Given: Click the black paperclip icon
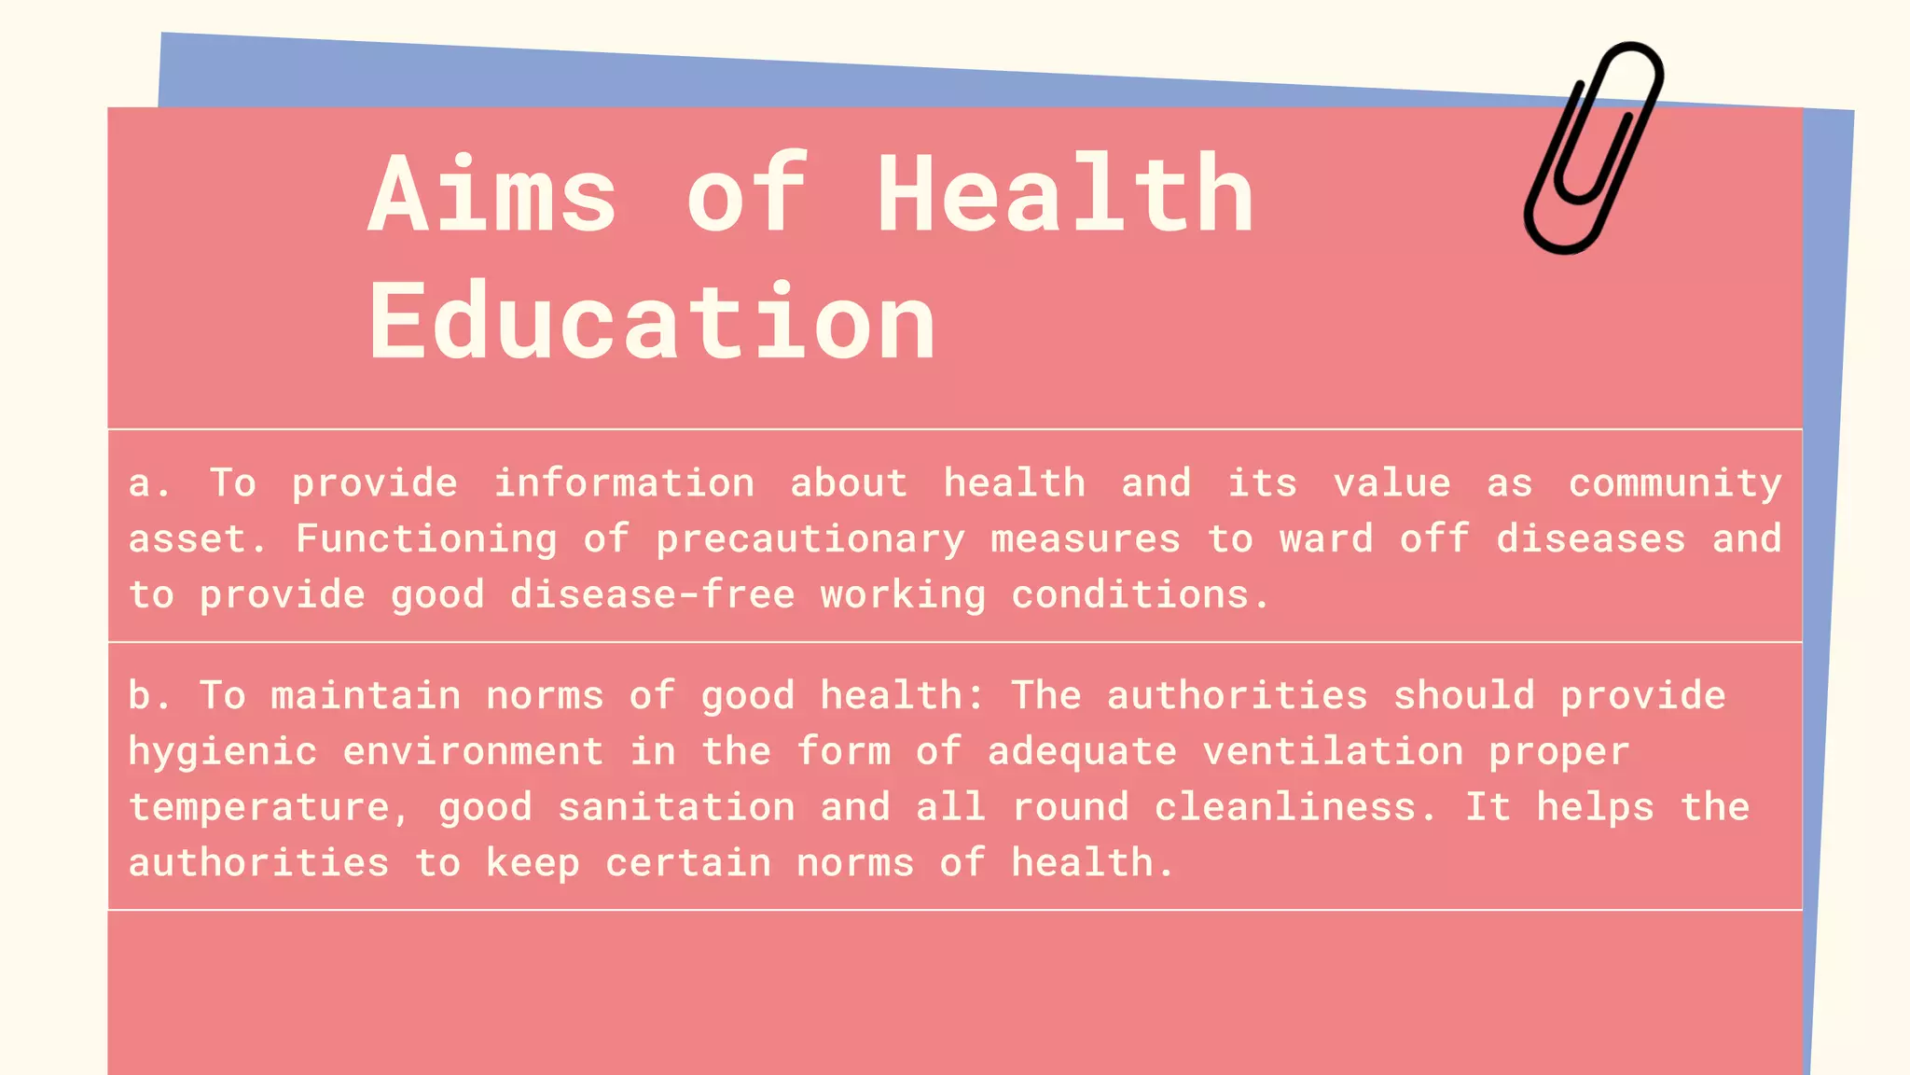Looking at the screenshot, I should point(1593,147).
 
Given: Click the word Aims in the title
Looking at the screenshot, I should point(492,195).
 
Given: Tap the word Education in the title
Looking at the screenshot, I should point(652,322).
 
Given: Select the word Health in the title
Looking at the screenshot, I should point(1065,195).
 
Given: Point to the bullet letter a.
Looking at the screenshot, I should point(141,483).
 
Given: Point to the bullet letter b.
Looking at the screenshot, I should point(141,696).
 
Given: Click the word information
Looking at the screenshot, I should point(624,483).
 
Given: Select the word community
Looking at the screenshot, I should point(1675,483).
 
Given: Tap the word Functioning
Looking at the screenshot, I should point(426,539).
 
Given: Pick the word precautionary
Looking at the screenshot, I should point(810,539).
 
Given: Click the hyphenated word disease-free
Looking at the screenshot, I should point(653,595).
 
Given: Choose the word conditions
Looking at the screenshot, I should point(1130,595).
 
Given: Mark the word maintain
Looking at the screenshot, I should point(366,696).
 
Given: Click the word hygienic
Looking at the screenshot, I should point(223,752).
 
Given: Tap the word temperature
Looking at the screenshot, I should point(259,808).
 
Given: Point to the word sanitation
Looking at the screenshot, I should point(676,808).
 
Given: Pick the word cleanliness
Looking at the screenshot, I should point(1286,808).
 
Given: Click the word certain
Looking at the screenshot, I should point(688,864).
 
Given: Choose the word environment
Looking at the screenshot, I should point(473,752).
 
